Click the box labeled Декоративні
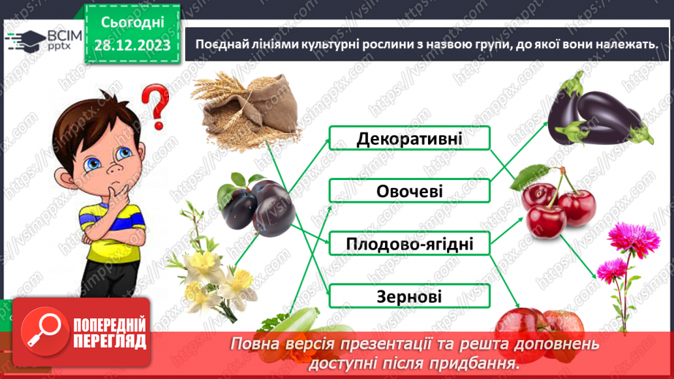coord(408,138)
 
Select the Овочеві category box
coord(408,191)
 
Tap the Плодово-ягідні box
coord(408,243)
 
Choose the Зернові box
coord(408,296)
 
